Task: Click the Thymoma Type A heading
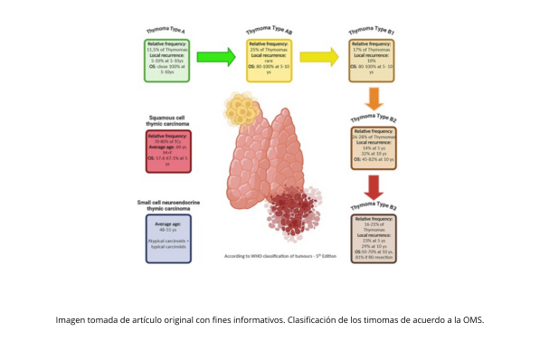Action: (x=166, y=30)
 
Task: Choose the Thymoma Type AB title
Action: (x=269, y=30)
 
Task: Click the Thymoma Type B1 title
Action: (x=373, y=30)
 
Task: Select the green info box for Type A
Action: (x=166, y=60)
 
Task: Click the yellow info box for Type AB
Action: (x=269, y=60)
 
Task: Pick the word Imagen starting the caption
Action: (x=73, y=320)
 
